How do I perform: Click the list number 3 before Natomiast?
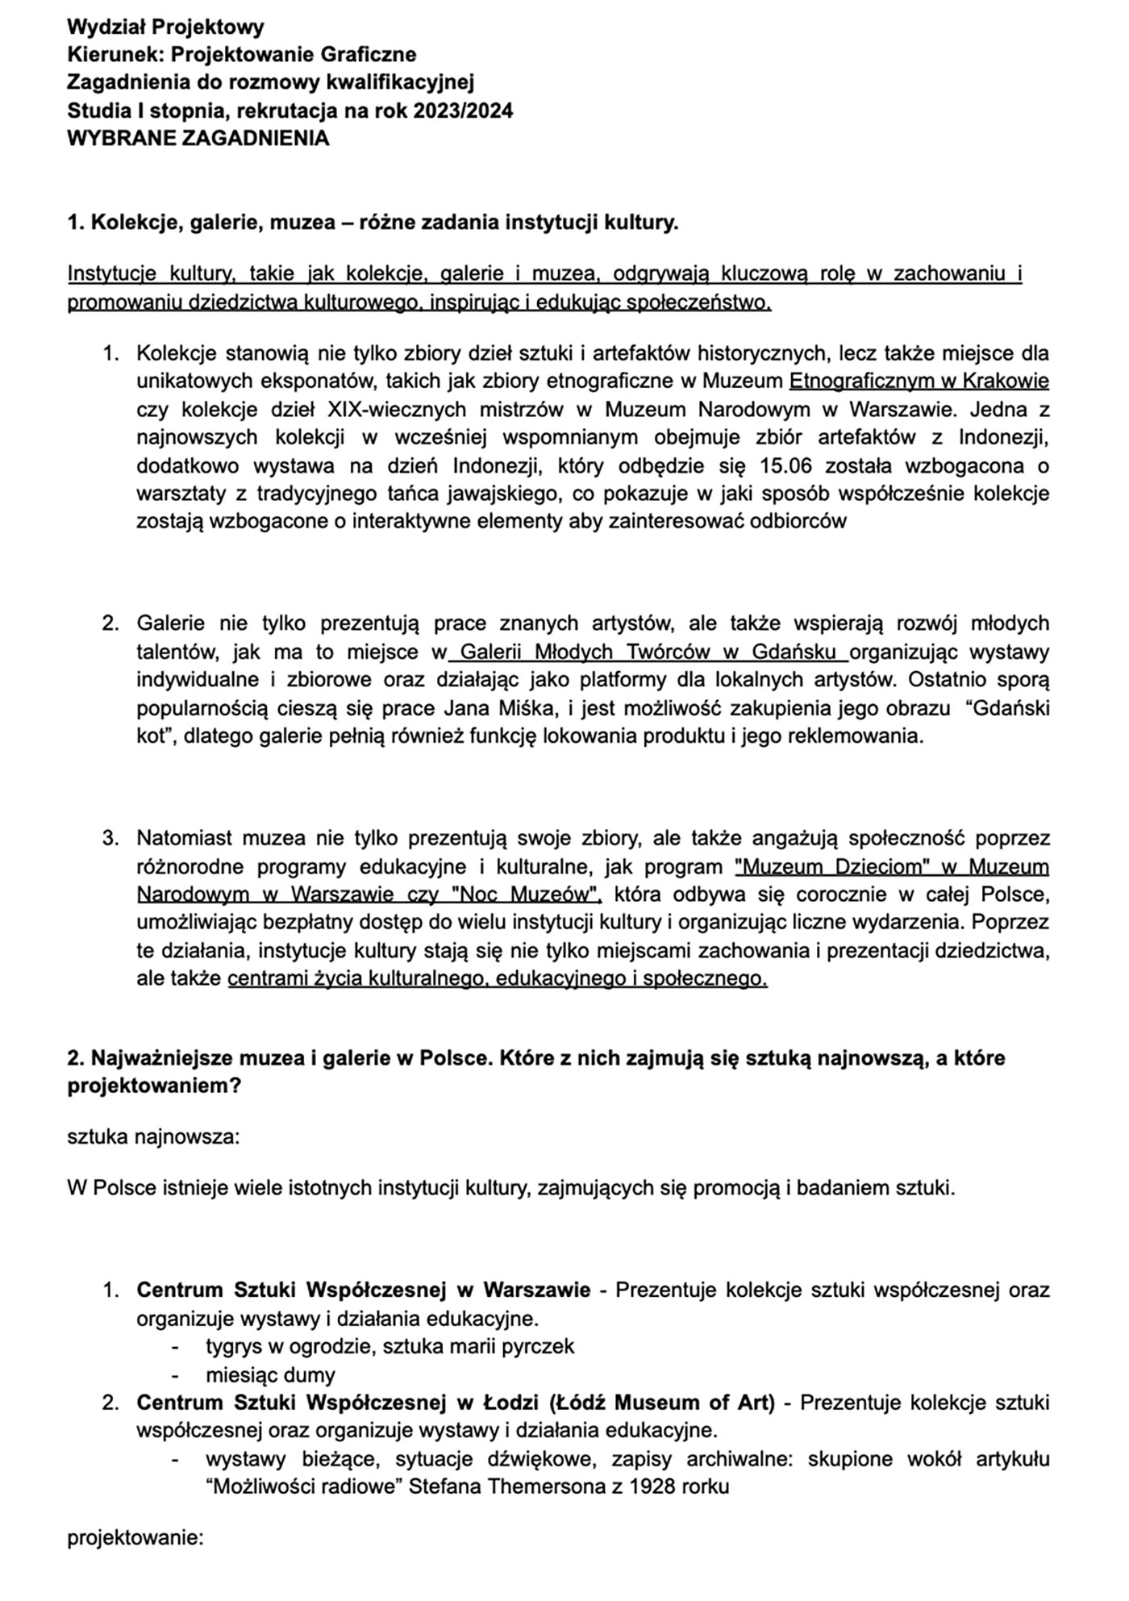tap(110, 838)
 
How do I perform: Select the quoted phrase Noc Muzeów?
tap(526, 894)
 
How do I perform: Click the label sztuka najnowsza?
tap(153, 1137)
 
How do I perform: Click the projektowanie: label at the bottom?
tap(135, 1537)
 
